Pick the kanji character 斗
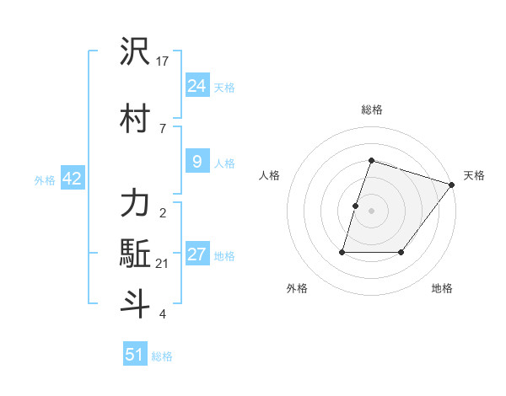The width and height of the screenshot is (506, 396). coord(135,302)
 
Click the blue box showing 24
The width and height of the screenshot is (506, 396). coord(196,86)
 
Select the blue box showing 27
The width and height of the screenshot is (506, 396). coord(196,255)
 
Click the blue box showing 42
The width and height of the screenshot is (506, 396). coord(72,179)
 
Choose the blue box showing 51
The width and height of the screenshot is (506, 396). coord(135,355)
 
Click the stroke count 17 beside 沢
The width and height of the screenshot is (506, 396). coord(163,62)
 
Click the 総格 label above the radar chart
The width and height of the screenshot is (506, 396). coord(371,110)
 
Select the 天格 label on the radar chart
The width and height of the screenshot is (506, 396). coord(474,175)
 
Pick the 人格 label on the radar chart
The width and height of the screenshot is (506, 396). coord(269,175)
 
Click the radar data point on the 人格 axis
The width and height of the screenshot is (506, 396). coord(356,206)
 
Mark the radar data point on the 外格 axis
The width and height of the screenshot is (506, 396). coord(342,252)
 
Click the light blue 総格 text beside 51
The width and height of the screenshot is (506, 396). coord(162,356)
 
